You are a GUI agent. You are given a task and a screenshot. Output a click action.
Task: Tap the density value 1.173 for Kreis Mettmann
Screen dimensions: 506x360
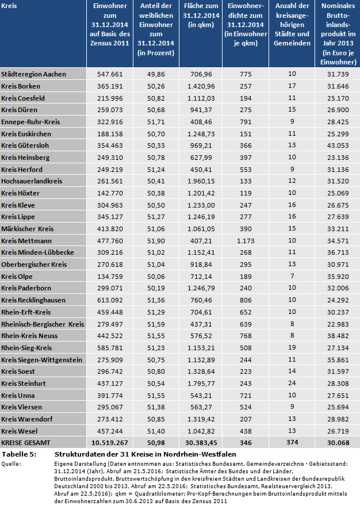tap(246, 240)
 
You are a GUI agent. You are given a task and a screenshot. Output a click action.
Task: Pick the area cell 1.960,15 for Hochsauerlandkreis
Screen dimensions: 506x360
tap(200, 181)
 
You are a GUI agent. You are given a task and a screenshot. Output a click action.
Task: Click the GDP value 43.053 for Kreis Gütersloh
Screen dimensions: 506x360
tap(338, 145)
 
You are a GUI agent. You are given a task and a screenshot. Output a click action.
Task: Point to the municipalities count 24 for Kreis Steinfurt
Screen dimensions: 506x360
tap(292, 384)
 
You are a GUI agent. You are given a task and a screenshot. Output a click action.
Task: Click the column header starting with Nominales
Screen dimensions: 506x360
tap(338, 34)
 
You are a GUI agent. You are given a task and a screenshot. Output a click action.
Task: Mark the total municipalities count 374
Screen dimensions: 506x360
tap(292, 443)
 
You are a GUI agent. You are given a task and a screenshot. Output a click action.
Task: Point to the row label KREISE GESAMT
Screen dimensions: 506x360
tap(26, 443)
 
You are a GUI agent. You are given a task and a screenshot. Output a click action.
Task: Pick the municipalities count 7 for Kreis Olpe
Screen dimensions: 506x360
tap(292, 276)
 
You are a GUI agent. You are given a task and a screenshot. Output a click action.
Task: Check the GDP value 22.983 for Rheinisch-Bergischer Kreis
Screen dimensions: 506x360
tap(338, 324)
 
